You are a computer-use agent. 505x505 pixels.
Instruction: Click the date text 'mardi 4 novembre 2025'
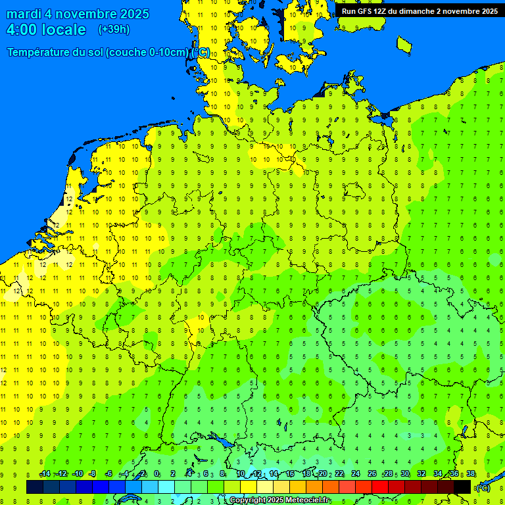pos(78,14)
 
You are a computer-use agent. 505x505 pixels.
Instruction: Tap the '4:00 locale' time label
pos(46,30)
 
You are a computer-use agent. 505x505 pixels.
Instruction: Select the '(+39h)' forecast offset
pos(114,30)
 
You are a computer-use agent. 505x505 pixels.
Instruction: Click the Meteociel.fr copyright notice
pos(279,500)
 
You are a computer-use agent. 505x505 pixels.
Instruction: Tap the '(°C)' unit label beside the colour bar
pos(483,488)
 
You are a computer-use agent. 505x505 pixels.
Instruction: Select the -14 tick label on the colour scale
pos(45,474)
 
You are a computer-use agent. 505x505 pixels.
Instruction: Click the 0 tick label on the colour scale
pos(156,474)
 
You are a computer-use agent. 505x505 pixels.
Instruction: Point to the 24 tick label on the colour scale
pos(356,474)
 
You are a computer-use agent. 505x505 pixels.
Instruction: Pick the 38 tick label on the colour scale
pos(471,474)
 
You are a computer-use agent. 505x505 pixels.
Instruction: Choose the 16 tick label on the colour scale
pos(290,474)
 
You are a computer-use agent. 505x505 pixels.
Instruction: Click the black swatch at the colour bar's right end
pos(462,487)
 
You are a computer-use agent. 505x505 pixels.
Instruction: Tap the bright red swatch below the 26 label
pos(379,487)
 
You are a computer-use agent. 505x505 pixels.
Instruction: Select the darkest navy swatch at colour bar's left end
pos(35,487)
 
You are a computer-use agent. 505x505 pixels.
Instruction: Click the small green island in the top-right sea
pos(404,44)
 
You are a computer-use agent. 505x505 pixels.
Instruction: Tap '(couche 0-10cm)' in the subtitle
pos(147,53)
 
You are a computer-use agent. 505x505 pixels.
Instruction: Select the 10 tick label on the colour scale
pos(241,474)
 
